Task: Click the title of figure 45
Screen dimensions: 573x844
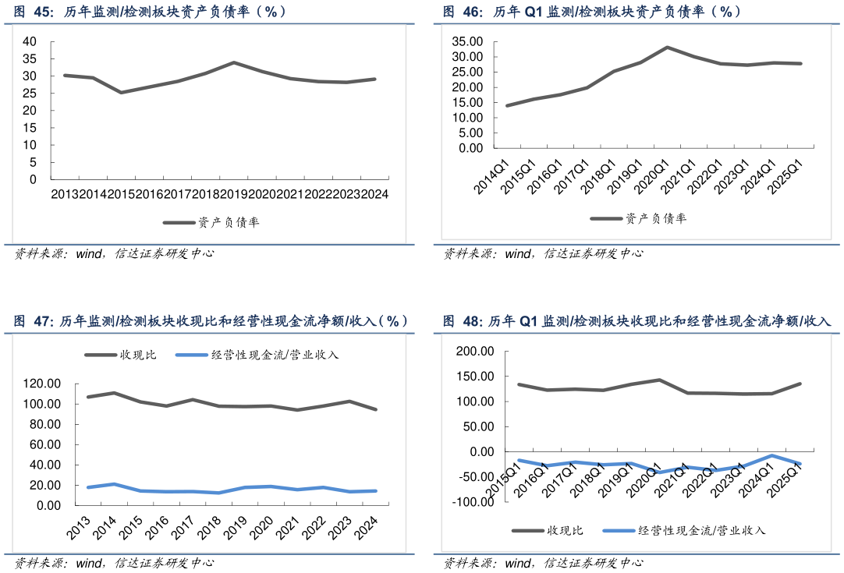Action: pyautogui.click(x=149, y=12)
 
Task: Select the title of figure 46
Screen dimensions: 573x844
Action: pyautogui.click(x=592, y=12)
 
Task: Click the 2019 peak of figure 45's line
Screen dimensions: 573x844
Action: pyautogui.click(x=233, y=62)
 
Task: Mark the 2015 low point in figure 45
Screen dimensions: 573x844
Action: pyautogui.click(x=120, y=93)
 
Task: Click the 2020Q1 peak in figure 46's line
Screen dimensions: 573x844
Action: pyautogui.click(x=668, y=48)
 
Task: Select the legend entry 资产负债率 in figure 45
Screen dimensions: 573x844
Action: pyautogui.click(x=211, y=222)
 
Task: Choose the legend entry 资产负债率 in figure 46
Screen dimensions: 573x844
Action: pyautogui.click(x=639, y=218)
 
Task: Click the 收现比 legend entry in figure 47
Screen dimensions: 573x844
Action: pyautogui.click(x=121, y=355)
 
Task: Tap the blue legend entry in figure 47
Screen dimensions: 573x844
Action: pyautogui.click(x=257, y=355)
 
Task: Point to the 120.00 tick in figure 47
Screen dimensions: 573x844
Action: pyautogui.click(x=44, y=384)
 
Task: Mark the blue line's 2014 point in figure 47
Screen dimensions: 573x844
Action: pyautogui.click(x=114, y=484)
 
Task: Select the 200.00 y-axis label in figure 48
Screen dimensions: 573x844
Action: pyautogui.click(x=476, y=352)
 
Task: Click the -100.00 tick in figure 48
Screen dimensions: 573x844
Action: pyautogui.click(x=473, y=501)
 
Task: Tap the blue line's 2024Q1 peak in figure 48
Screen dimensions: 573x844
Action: pyautogui.click(x=772, y=455)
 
